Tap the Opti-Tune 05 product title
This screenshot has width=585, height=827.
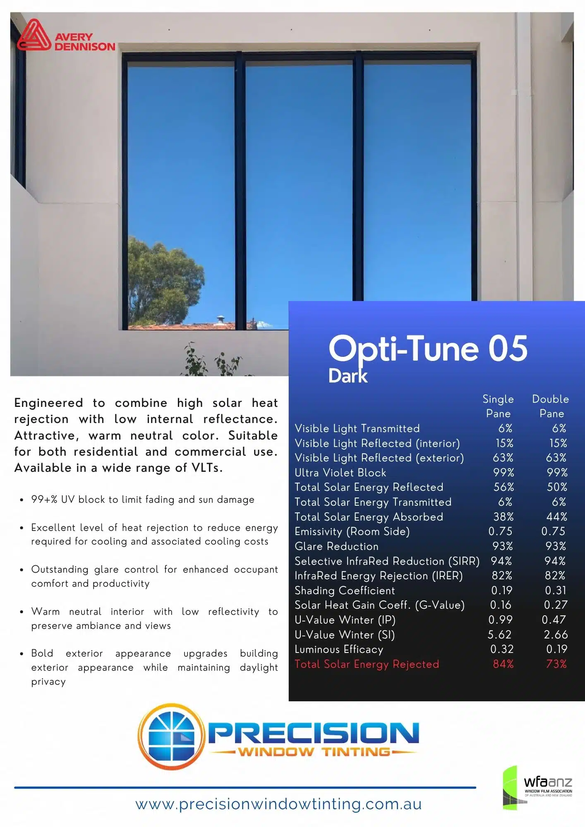pos(428,349)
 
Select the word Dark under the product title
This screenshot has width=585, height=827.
pos(348,376)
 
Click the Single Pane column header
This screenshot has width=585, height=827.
pos(498,406)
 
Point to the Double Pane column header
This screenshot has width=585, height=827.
pos(551,406)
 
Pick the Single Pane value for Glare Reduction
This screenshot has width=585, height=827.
pos(503,546)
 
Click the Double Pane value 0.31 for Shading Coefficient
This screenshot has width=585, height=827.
pos(556,590)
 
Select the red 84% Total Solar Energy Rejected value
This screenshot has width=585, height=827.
pos(503,664)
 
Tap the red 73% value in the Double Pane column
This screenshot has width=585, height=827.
pos(556,664)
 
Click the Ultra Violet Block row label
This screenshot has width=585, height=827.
pos(340,473)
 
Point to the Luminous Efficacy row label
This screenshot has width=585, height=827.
pos(339,650)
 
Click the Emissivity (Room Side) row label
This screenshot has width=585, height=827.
pos(352,532)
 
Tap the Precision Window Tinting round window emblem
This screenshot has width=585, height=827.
pos(171,737)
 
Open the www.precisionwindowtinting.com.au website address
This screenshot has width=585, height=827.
pos(278,804)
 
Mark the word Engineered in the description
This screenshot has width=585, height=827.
pos(49,403)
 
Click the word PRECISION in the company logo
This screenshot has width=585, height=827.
pos(313,733)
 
